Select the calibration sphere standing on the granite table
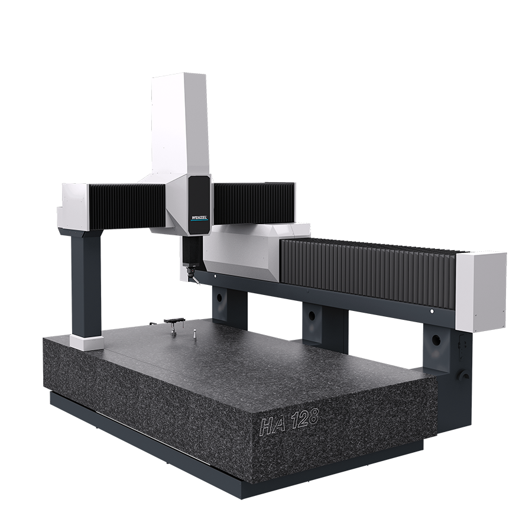[195, 333]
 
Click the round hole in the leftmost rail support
[219, 298]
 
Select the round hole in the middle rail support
[312, 316]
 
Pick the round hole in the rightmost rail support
[437, 339]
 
